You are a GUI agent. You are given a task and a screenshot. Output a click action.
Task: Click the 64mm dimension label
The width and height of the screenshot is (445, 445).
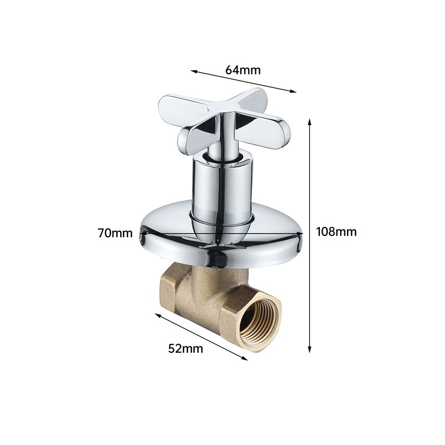tap(243, 70)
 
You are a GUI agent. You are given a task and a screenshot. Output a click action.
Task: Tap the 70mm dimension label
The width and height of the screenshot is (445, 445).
tap(115, 233)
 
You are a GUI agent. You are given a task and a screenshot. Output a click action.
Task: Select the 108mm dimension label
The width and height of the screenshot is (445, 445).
tap(337, 232)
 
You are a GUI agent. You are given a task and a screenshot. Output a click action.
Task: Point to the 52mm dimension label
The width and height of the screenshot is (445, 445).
tap(186, 348)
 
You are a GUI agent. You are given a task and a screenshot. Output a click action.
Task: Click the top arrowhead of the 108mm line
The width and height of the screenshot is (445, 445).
tap(310, 122)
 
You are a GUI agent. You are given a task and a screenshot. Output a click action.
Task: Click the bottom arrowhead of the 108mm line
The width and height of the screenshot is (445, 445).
tap(310, 350)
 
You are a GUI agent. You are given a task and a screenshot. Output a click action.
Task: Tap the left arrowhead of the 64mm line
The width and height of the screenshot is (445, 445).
tap(194, 72)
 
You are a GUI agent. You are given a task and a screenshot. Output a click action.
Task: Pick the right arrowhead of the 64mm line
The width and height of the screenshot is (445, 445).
tap(293, 91)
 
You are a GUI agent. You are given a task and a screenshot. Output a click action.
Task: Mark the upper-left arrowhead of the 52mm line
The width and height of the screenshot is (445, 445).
tap(157, 315)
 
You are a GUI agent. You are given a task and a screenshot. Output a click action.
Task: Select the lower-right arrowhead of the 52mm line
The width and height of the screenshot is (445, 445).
tap(244, 358)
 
